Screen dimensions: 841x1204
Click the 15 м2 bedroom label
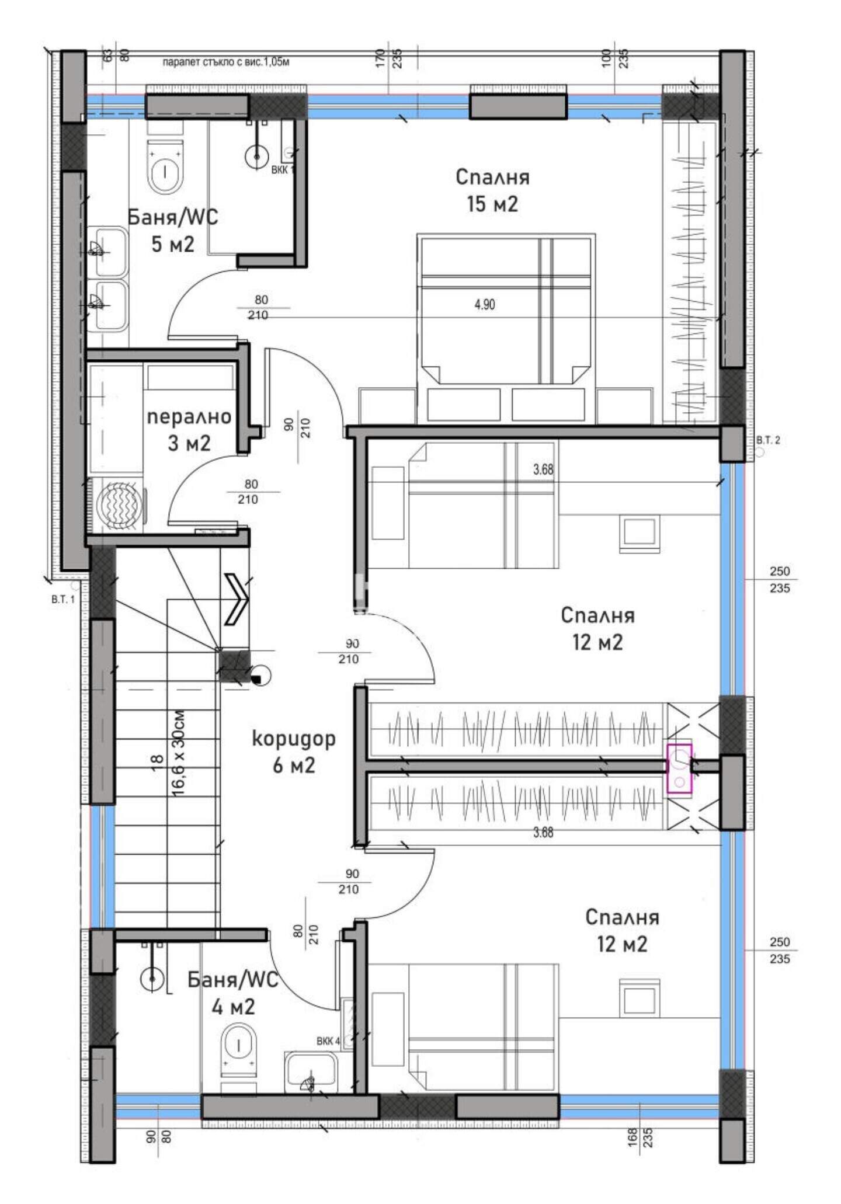pos(492,190)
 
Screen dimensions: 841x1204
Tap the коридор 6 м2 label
pos(294,751)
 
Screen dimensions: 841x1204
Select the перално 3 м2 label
pos(189,430)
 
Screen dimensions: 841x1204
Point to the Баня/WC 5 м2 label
pos(173,230)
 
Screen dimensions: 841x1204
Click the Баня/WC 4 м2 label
pos(233,993)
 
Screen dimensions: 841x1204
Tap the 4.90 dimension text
pos(485,304)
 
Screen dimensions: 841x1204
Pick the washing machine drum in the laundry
pos(119,502)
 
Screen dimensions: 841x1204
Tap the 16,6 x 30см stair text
pos(178,753)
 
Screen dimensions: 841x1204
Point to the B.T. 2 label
pos(768,440)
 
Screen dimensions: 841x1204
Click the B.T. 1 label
pos(63,600)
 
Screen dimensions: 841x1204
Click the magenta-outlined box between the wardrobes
pos(679,768)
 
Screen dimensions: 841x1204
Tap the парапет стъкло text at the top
pos(226,62)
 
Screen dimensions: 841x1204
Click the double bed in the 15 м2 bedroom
pos(506,309)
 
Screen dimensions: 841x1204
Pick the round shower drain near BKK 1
pos(256,157)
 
